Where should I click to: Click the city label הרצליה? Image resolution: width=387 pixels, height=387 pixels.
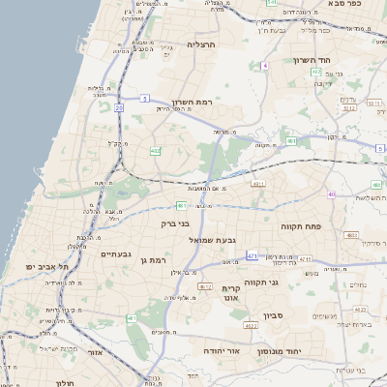point(203,45)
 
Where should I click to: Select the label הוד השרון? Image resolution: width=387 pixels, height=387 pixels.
point(312,60)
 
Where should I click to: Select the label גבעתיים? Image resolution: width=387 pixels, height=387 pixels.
point(116,253)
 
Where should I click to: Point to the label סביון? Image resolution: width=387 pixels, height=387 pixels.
point(273,314)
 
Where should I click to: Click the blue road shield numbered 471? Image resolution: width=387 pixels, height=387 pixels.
point(253,255)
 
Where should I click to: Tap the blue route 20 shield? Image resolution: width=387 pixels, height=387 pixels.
point(119,108)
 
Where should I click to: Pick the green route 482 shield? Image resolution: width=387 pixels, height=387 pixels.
point(155,150)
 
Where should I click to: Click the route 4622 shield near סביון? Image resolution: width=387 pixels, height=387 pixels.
point(250,327)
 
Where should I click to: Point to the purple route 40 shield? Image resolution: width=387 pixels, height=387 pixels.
point(331,194)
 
